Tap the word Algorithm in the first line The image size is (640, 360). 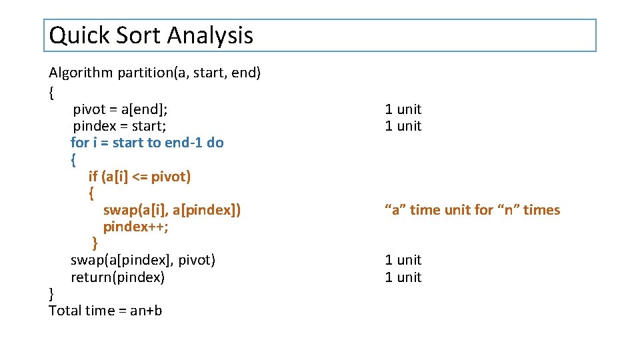(81, 73)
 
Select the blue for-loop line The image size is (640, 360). (147, 142)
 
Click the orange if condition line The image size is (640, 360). (139, 176)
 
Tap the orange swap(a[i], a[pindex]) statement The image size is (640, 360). (172, 210)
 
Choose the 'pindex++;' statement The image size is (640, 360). (135, 227)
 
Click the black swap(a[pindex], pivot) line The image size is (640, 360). (143, 259)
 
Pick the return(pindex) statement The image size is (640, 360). (117, 277)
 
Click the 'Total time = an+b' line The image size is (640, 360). (105, 310)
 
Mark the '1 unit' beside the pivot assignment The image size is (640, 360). (403, 109)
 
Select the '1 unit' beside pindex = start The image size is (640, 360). (403, 125)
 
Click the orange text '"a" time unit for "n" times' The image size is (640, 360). (472, 210)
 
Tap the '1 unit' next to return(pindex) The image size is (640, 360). (403, 277)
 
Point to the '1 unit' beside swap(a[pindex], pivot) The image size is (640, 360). (403, 259)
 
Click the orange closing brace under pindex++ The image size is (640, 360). (95, 243)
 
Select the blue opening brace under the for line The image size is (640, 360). (73, 159)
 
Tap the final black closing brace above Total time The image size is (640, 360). (52, 293)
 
